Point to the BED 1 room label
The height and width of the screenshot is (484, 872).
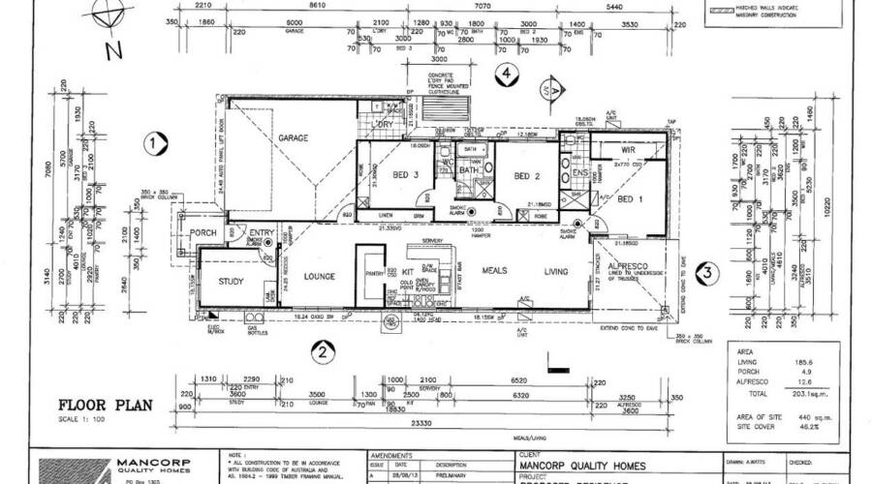pyautogui.click(x=630, y=198)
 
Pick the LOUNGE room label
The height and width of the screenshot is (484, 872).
pyautogui.click(x=319, y=277)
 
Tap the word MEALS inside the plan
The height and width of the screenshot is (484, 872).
pyautogui.click(x=495, y=272)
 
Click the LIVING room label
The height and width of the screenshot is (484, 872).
pyautogui.click(x=555, y=272)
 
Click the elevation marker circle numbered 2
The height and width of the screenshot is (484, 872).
pyautogui.click(x=317, y=351)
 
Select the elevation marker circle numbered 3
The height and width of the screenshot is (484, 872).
pyautogui.click(x=709, y=272)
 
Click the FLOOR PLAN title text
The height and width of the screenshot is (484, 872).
pyautogui.click(x=104, y=406)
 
